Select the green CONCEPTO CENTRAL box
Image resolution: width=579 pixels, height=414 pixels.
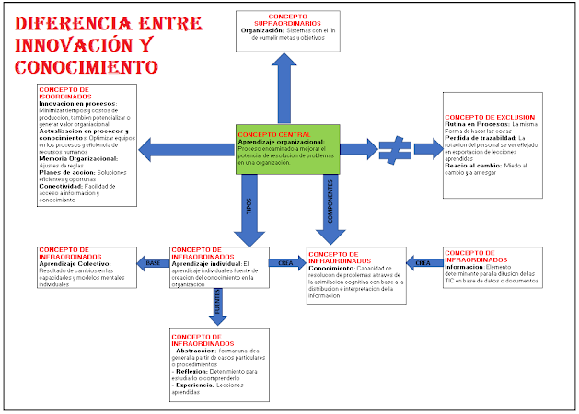coord(287,148)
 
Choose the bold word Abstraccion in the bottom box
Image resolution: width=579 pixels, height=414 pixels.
coord(200,351)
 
